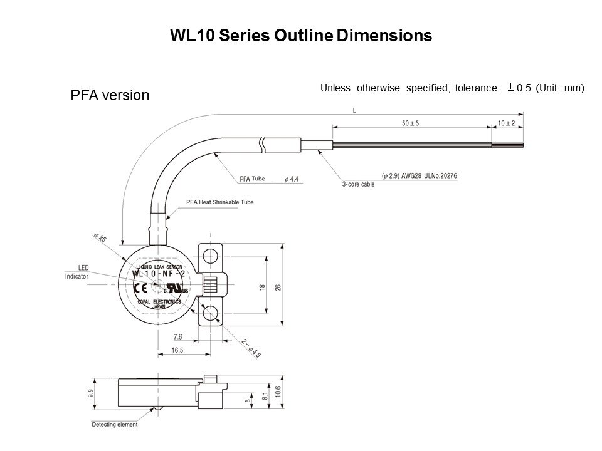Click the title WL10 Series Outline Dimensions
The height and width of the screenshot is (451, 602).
pos(301,36)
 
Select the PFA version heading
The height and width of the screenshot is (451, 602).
pos(109,95)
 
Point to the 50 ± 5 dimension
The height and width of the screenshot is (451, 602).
pos(411,123)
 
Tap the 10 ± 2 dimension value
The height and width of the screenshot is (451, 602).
pos(506,123)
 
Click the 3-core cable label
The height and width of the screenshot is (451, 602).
pos(359,185)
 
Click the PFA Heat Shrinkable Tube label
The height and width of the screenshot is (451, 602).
pos(220,202)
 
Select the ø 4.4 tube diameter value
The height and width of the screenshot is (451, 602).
pos(292,179)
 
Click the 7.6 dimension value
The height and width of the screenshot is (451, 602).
pos(177,337)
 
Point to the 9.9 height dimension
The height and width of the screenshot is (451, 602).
pos(91,393)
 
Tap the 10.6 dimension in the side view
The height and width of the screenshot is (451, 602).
pos(278,394)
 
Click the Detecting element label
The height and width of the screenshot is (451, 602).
pos(115,425)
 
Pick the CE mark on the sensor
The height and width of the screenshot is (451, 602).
pos(142,288)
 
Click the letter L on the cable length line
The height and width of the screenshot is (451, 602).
pos(355,110)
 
